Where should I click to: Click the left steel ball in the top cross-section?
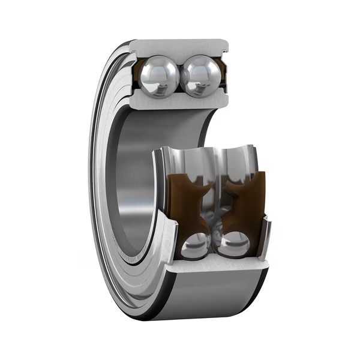(x=158, y=75)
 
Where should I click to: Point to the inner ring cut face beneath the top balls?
(x=179, y=101)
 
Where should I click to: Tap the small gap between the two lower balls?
(x=215, y=246)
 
